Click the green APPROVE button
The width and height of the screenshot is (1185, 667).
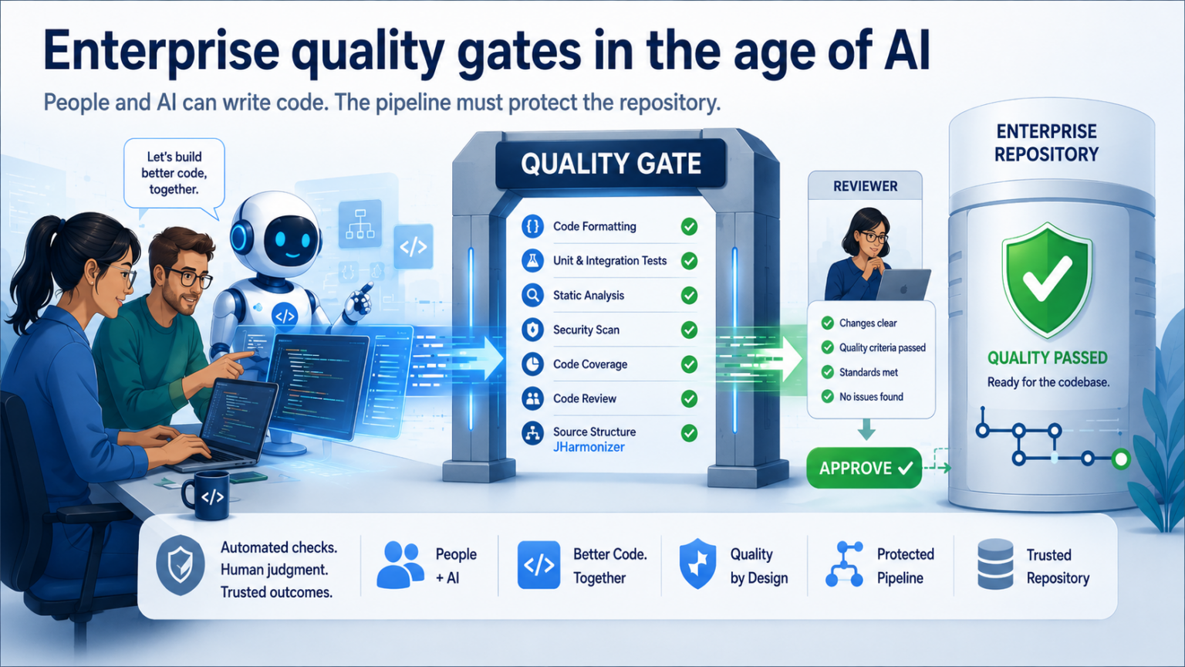(864, 468)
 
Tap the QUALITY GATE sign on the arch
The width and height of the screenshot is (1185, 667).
(610, 164)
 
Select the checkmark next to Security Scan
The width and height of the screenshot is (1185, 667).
(689, 330)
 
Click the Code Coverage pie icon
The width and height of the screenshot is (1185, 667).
(532, 364)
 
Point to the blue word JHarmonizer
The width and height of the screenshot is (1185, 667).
(589, 447)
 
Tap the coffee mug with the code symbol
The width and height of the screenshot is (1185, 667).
(206, 495)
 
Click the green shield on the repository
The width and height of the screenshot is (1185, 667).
(1047, 280)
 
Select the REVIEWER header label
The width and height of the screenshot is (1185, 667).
(865, 186)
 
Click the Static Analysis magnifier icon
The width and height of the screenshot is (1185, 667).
(532, 295)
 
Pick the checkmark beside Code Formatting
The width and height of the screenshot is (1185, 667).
(689, 226)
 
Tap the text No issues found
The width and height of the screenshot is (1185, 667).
(871, 397)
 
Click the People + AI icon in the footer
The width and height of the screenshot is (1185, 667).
(400, 565)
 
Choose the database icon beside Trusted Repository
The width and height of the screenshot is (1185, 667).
(995, 564)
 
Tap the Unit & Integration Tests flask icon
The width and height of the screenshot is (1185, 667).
(532, 260)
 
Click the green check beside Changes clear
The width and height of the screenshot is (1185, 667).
(827, 323)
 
